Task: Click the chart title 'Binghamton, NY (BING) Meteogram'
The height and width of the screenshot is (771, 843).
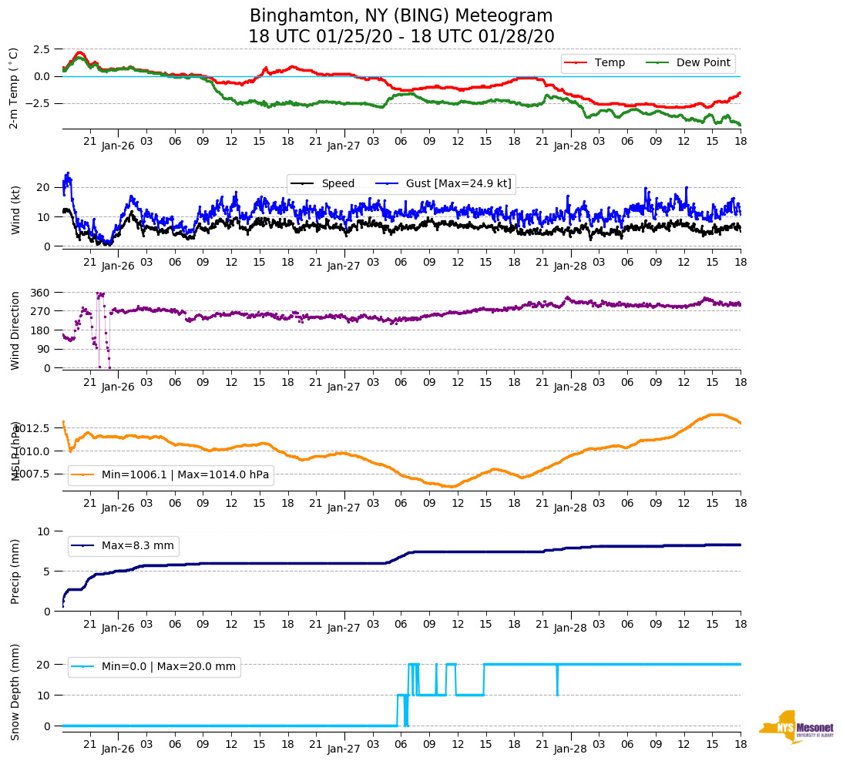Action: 401,15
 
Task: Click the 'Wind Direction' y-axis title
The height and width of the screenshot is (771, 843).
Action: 15,330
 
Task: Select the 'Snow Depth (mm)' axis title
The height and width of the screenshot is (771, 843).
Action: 15,692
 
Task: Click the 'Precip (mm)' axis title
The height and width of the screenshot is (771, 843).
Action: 15,571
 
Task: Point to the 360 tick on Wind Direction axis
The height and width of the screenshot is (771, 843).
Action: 41,293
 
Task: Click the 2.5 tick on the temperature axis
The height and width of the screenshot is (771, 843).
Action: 42,49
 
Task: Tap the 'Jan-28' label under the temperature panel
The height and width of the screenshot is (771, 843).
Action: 570,145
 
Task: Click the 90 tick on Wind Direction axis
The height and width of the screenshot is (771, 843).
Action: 44,349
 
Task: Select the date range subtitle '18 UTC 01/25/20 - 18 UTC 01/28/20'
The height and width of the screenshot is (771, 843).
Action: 401,36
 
